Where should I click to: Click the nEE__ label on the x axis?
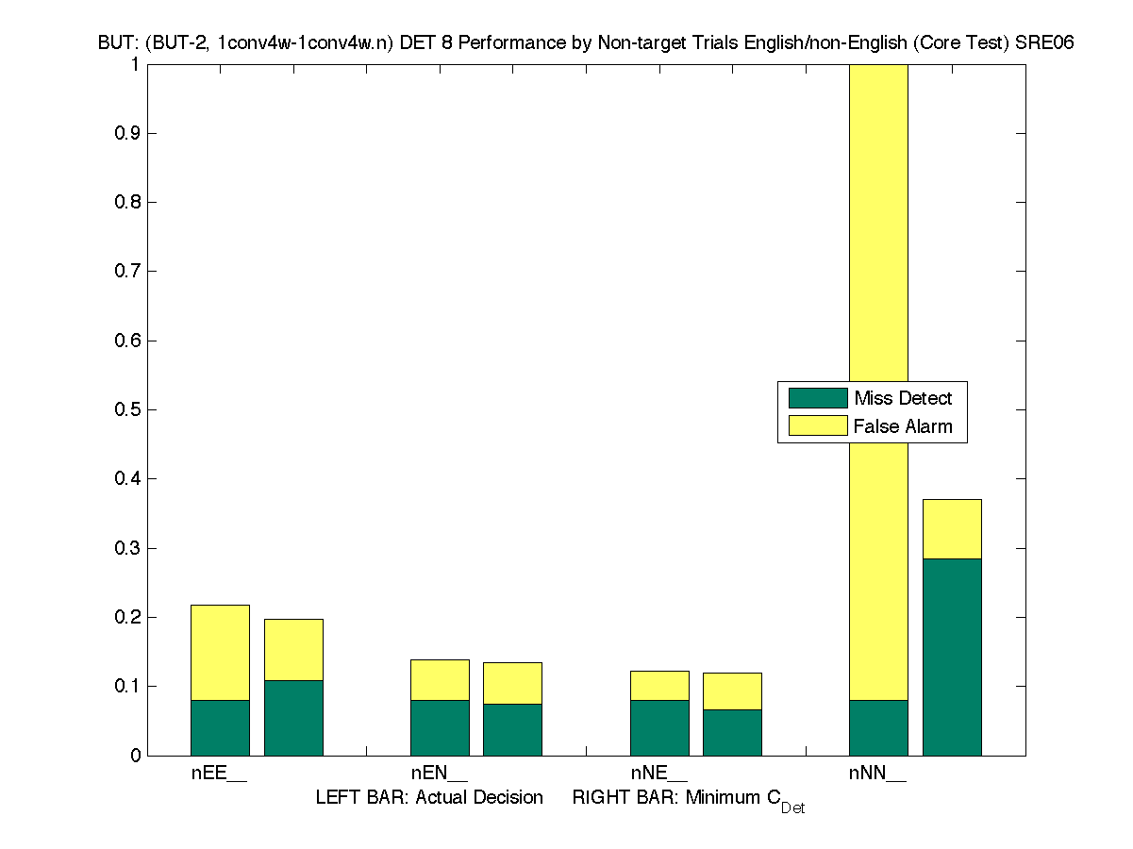coord(219,774)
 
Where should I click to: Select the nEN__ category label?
coord(439,774)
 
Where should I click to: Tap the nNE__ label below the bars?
coord(658,774)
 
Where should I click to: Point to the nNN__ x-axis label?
coord(877,774)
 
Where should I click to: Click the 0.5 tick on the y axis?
coord(127,410)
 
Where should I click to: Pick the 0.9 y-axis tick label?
coord(127,134)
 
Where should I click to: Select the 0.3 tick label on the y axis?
coord(127,549)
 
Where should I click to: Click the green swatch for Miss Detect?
coord(817,398)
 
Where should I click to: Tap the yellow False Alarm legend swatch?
coord(817,426)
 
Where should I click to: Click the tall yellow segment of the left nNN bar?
coord(878,236)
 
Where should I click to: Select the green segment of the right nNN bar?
coord(952,657)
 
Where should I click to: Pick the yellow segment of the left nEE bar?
coord(220,652)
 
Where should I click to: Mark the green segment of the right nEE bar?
coord(293,717)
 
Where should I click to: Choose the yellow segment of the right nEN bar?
coord(512,683)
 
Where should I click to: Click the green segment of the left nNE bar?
coord(659,726)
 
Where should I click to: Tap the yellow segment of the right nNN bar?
coord(952,529)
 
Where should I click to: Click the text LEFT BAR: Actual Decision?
coord(429,798)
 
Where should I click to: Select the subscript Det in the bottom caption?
coord(792,808)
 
